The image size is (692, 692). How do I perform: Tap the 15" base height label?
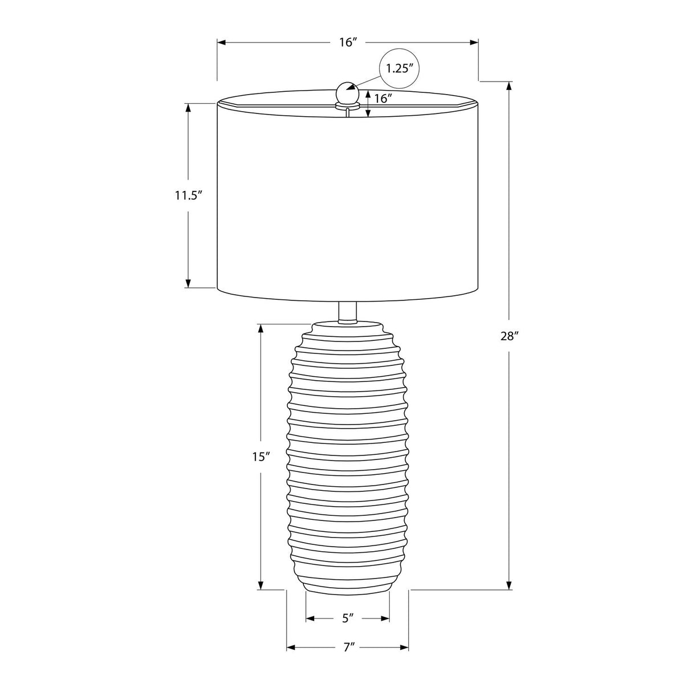pyautogui.click(x=260, y=457)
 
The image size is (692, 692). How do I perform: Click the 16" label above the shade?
pyautogui.click(x=348, y=42)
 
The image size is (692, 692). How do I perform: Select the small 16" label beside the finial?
pyautogui.click(x=383, y=99)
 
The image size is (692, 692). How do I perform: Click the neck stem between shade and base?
pyautogui.click(x=348, y=312)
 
